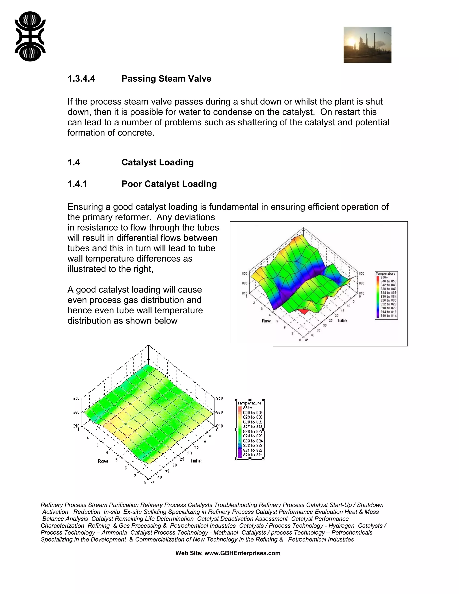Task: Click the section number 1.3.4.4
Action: (81, 79)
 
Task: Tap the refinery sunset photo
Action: (367, 45)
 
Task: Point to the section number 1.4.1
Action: (77, 184)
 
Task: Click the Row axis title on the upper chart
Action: (266, 321)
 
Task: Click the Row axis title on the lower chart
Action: (103, 461)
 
